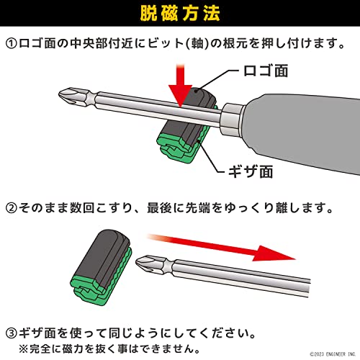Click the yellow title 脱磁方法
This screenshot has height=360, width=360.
(180, 13)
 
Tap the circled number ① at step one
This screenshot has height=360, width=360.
(12, 44)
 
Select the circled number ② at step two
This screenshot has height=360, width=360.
(12, 208)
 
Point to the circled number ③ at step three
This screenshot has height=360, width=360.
(12, 333)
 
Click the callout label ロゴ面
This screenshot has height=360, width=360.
(266, 71)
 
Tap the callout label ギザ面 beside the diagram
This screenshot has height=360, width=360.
(251, 171)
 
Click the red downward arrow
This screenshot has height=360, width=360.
(181, 85)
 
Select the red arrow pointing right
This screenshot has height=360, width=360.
(222, 247)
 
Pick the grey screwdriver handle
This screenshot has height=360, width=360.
(302, 131)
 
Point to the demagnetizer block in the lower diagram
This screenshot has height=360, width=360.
(102, 268)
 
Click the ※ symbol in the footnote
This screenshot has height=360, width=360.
(24, 349)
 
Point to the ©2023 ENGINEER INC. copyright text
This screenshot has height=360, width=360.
(333, 354)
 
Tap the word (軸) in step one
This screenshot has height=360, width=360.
(197, 44)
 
